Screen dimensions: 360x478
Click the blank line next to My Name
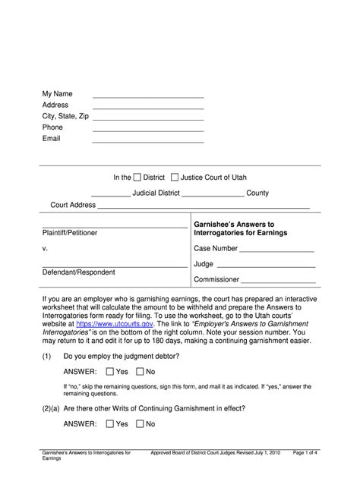(148, 97)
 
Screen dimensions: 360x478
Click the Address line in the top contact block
(148, 108)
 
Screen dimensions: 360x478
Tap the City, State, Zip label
(65, 116)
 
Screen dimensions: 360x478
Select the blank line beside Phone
(148, 131)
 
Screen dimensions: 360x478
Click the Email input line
(148, 142)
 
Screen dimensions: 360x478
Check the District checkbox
(137, 178)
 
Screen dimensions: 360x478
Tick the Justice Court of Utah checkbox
(175, 178)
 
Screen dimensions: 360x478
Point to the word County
(257, 193)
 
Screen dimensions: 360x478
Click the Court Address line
(204, 207)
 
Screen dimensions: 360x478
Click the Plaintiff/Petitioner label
(71, 233)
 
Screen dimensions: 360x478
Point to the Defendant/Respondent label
(77, 272)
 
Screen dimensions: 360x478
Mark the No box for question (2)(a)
(140, 424)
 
